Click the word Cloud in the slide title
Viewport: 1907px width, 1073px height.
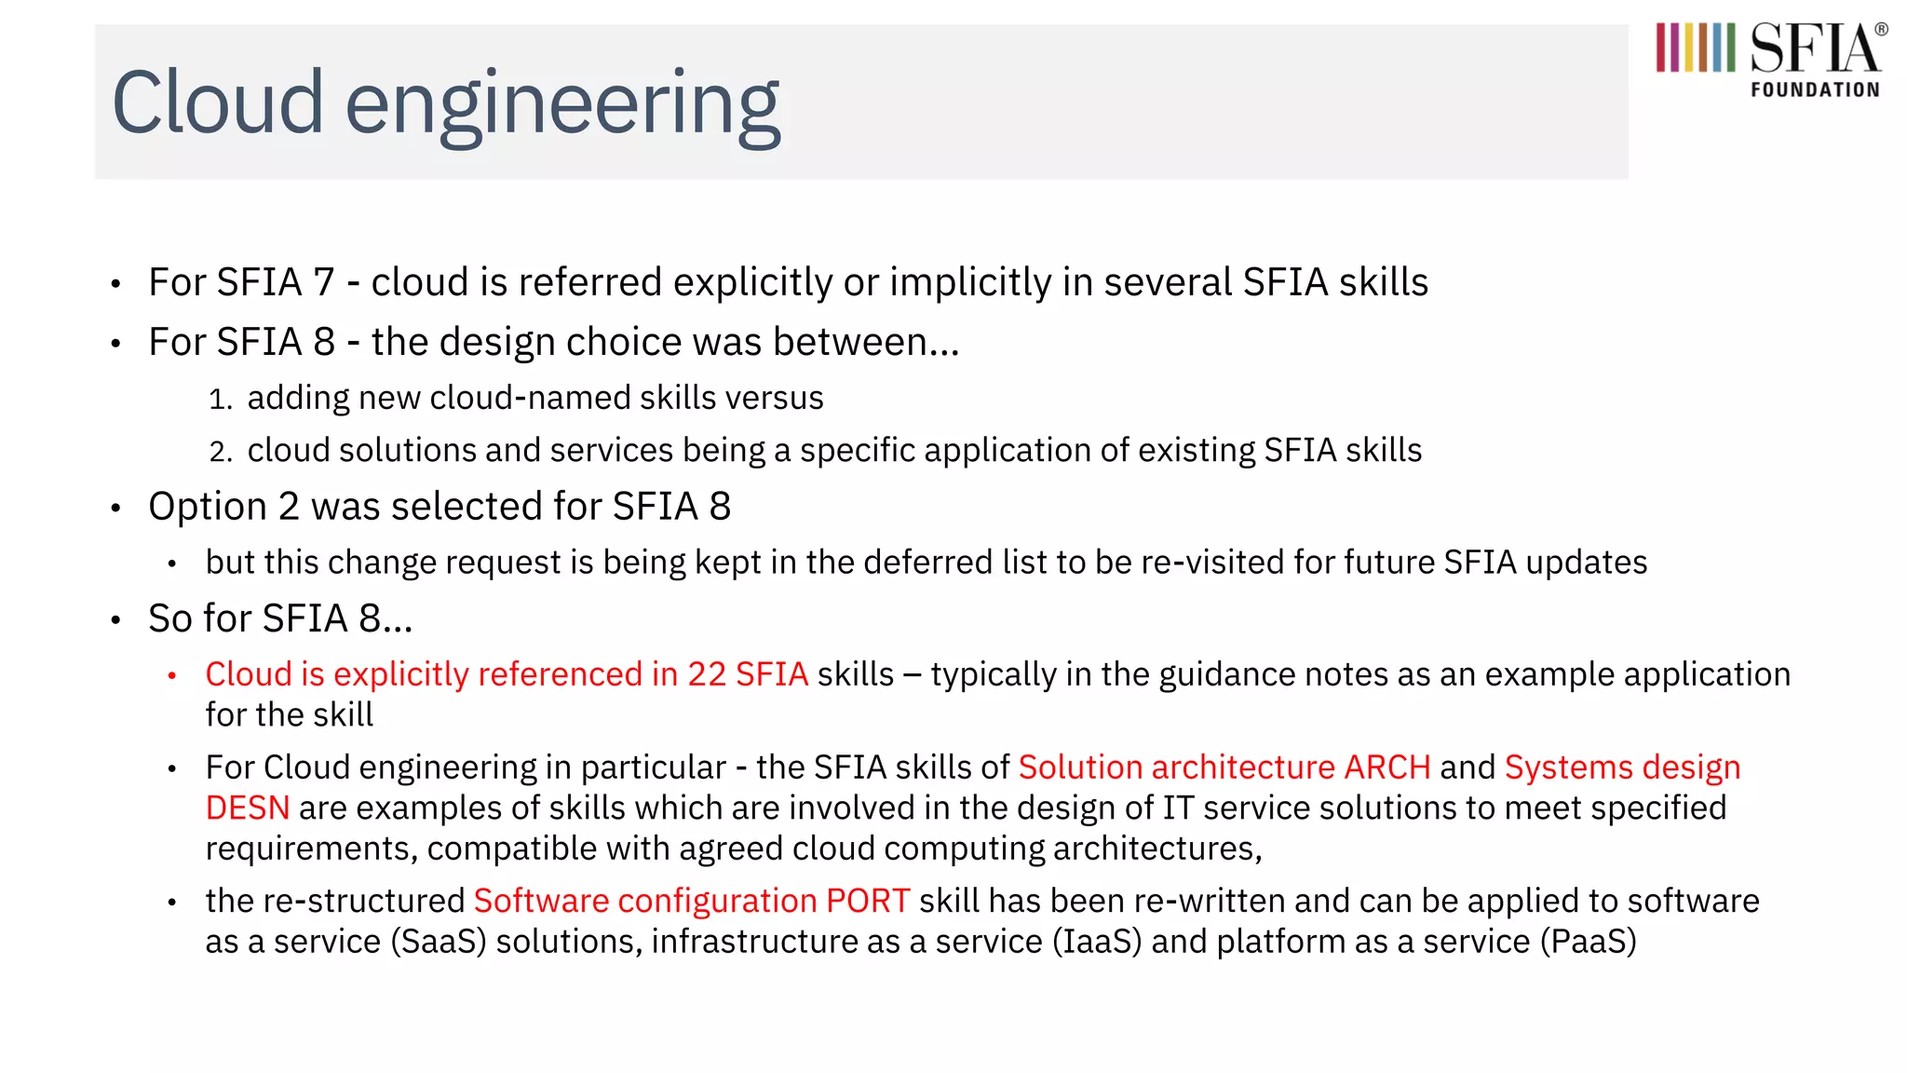(x=218, y=102)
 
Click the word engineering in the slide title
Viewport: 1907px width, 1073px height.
(x=562, y=106)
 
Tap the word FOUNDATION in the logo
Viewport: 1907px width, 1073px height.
(x=1815, y=90)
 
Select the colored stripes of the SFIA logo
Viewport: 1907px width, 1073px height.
(x=1695, y=48)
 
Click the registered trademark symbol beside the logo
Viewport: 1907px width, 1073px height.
(x=1881, y=30)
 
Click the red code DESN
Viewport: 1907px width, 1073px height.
(x=248, y=808)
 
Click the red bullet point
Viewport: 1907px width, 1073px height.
(x=172, y=676)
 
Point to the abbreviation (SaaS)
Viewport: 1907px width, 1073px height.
(x=439, y=942)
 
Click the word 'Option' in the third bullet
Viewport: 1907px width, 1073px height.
(x=208, y=508)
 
